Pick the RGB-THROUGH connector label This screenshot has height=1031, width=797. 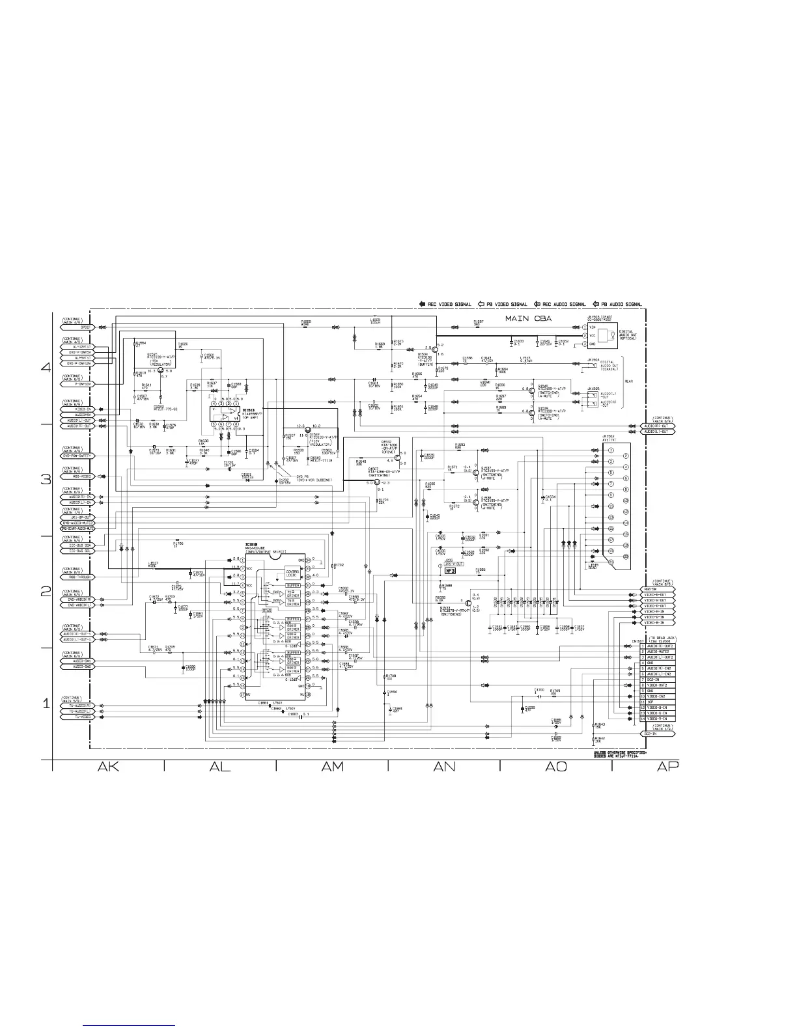pyautogui.click(x=76, y=577)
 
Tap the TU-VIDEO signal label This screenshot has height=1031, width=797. pyautogui.click(x=76, y=717)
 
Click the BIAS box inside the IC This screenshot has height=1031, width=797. pyautogui.click(x=267, y=611)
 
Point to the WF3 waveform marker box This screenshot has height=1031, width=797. pyautogui.click(x=450, y=571)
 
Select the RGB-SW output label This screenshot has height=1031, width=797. pyautogui.click(x=658, y=590)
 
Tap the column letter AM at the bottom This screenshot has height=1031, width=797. pyautogui.click(x=332, y=767)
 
